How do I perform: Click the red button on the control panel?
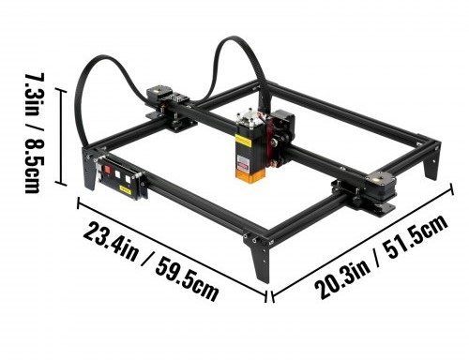[107, 170]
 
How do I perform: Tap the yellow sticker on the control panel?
[125, 190]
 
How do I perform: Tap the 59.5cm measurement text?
[187, 279]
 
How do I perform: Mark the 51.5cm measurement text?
[416, 236]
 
